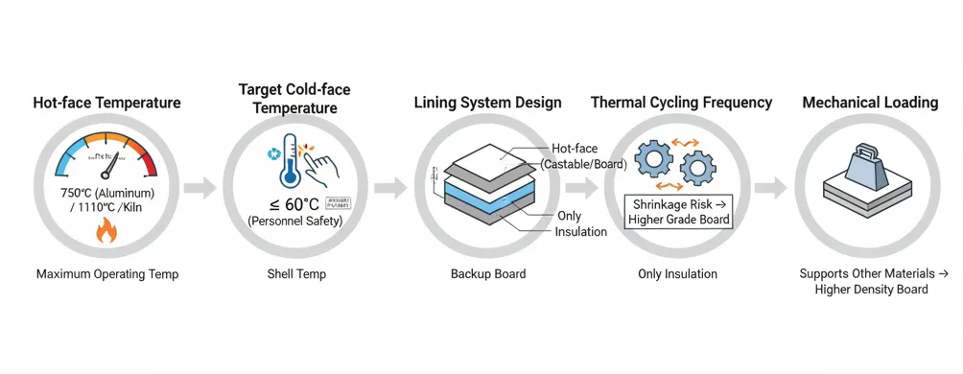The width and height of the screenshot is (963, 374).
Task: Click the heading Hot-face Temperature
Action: (x=106, y=103)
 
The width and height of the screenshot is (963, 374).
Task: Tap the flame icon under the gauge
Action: (x=107, y=231)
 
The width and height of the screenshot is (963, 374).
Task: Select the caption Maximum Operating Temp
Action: (x=107, y=274)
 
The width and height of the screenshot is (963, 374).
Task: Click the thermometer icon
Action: (x=289, y=164)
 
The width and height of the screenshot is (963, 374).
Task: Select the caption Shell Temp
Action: (x=296, y=274)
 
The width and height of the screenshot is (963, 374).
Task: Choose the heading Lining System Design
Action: (x=487, y=103)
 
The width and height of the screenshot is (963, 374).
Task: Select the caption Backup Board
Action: (x=487, y=274)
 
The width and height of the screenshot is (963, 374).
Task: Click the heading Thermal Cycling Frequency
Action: (x=681, y=103)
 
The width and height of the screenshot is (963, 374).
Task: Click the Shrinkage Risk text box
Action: (x=678, y=212)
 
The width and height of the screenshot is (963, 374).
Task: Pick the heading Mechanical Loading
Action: (x=870, y=103)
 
